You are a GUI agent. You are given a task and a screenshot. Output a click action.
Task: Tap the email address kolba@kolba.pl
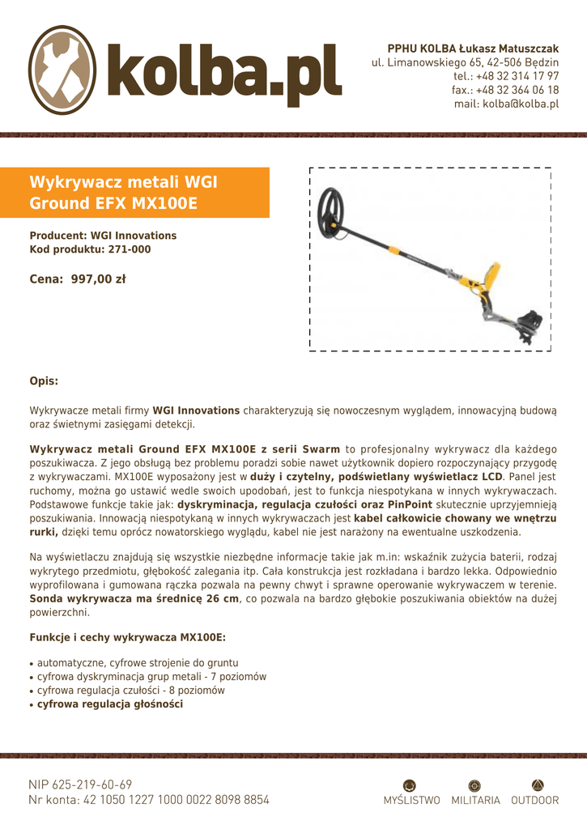[x=506, y=104]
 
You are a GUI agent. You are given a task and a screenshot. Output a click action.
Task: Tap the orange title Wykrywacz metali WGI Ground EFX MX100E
[x=123, y=192]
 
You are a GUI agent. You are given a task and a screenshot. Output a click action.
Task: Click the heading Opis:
[x=44, y=380]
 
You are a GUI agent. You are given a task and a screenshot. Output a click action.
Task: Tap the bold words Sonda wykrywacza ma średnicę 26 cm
[x=134, y=598]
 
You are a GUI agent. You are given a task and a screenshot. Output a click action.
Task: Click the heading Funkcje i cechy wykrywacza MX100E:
[x=127, y=637]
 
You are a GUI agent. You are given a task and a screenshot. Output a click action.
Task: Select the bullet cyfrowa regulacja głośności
[x=110, y=704]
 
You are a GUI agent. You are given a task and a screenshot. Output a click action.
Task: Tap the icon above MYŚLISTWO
[x=410, y=784]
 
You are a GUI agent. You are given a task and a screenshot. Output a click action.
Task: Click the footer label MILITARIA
[x=475, y=801]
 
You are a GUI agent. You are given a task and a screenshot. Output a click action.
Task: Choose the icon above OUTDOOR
[x=538, y=784]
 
